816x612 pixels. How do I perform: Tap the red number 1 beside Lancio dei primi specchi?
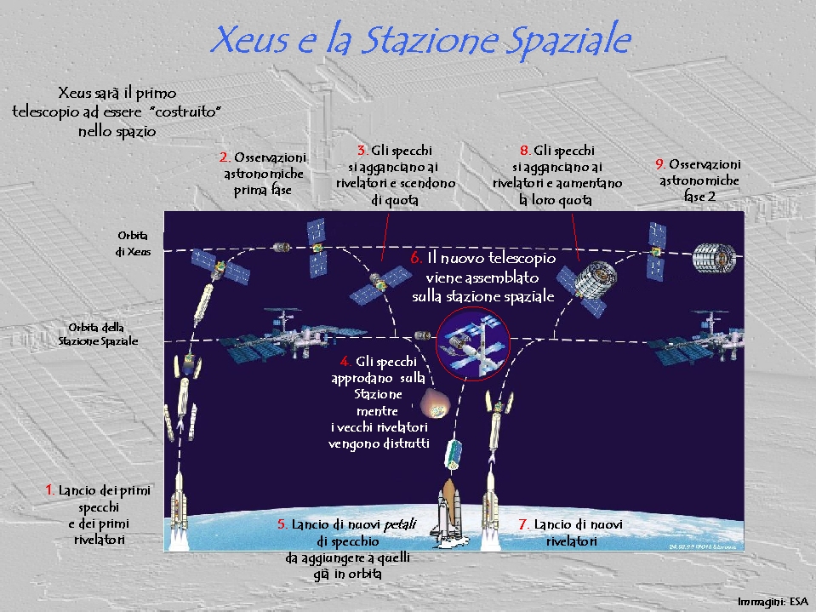click(49, 489)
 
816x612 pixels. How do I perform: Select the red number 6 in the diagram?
click(416, 258)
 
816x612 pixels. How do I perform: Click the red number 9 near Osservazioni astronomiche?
click(660, 164)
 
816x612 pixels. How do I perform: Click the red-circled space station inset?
click(472, 344)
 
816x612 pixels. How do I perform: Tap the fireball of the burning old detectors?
click(435, 403)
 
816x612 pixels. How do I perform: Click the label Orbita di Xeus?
click(134, 243)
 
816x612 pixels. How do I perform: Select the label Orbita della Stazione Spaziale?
click(98, 335)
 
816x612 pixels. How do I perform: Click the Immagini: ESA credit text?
click(773, 602)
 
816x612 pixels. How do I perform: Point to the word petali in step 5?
click(400, 524)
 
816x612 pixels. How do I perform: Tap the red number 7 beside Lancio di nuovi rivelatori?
click(524, 524)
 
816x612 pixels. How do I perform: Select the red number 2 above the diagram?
click(225, 157)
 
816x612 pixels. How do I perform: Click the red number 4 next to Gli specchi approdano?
click(345, 361)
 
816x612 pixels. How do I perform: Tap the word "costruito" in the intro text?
click(188, 112)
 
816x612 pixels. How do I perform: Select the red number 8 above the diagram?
click(524, 151)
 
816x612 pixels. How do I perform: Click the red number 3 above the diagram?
click(362, 151)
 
